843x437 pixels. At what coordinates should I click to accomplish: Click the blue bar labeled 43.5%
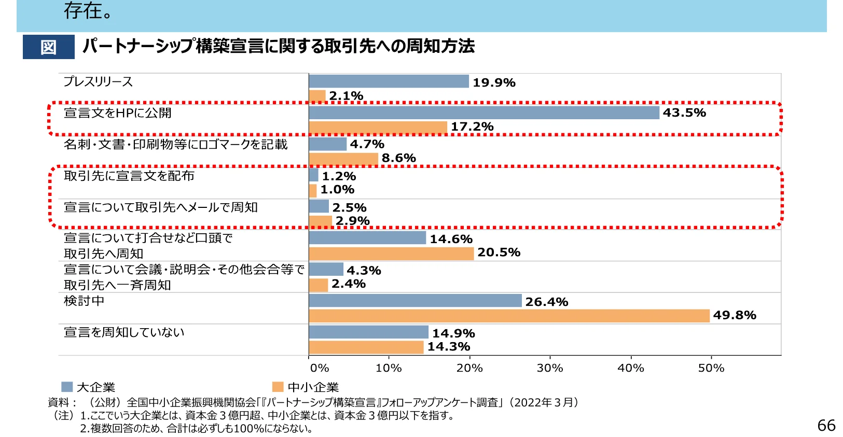point(483,112)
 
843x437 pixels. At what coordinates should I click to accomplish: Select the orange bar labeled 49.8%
point(509,316)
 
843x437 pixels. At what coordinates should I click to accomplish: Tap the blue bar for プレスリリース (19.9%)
point(389,81)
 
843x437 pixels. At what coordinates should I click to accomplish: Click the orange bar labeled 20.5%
point(391,253)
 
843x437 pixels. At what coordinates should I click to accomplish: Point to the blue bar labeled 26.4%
point(415,301)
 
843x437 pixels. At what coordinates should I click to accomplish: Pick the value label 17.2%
point(472,127)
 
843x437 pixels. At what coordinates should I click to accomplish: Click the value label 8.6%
point(398,158)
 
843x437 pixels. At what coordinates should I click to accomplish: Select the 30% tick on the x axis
point(550,368)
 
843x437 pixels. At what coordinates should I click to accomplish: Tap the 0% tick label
point(320,368)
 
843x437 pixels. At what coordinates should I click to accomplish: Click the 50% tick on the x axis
point(711,368)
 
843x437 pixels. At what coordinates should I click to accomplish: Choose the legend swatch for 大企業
point(67,387)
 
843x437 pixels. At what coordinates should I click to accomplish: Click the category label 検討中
point(84,301)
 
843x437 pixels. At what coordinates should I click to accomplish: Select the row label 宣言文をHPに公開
point(117,113)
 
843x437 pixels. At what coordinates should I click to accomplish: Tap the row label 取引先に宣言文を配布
point(129,176)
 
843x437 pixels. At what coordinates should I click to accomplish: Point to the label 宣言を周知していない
point(124,332)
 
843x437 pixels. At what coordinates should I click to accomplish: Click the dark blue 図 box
point(48,47)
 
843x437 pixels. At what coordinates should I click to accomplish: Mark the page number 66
point(826,426)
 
